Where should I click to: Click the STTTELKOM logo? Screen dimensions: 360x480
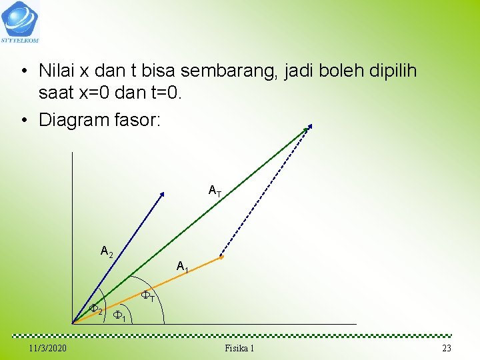pos(21,21)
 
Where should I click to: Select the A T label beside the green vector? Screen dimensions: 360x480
pos(215,191)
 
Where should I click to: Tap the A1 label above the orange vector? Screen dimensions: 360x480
pos(183,267)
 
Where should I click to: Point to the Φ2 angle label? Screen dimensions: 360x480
pos(96,310)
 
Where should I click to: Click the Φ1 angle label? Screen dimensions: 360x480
pos(120,315)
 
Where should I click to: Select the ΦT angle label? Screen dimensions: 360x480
pos(148,296)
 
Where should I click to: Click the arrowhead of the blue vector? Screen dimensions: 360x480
pos(163,193)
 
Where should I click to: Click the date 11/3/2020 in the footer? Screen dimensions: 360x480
pos(47,349)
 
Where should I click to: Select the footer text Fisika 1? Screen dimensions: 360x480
pos(239,349)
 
